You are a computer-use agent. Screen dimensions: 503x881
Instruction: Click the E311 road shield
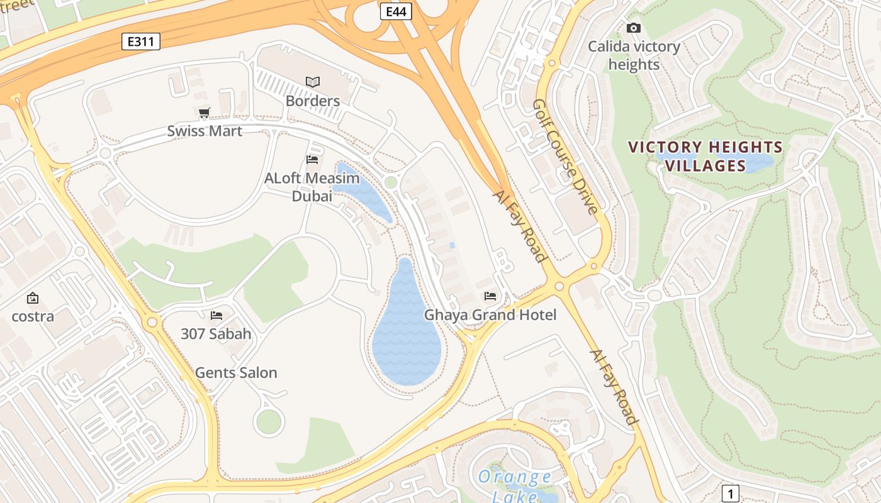pyautogui.click(x=141, y=41)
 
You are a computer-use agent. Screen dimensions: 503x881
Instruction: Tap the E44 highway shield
pyautogui.click(x=396, y=11)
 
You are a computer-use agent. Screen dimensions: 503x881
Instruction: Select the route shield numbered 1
pyautogui.click(x=729, y=493)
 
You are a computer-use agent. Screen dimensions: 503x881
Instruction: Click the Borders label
pyautogui.click(x=313, y=101)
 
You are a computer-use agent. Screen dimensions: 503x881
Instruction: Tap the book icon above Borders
pyautogui.click(x=313, y=82)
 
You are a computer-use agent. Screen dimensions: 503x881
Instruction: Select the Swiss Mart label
pyautogui.click(x=205, y=131)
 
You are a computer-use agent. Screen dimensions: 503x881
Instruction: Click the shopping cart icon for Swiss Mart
pyautogui.click(x=204, y=113)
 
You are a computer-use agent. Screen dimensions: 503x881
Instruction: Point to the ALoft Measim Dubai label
pyautogui.click(x=312, y=187)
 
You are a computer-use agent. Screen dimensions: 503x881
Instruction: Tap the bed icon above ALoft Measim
pyautogui.click(x=312, y=160)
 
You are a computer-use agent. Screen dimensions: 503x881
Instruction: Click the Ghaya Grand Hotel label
pyautogui.click(x=490, y=314)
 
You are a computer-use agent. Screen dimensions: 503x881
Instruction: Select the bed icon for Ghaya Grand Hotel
pyautogui.click(x=490, y=296)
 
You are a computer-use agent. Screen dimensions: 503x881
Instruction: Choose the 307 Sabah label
pyautogui.click(x=216, y=334)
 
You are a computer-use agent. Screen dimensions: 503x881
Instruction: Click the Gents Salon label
pyautogui.click(x=236, y=372)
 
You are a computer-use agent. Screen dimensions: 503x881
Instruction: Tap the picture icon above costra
pyautogui.click(x=33, y=298)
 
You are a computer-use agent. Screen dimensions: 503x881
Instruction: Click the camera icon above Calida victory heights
pyautogui.click(x=634, y=28)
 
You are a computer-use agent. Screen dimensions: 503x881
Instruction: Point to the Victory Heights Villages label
pyautogui.click(x=705, y=157)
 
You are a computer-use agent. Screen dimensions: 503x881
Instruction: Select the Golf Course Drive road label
pyautogui.click(x=565, y=157)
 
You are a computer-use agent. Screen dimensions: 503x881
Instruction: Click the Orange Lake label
pyautogui.click(x=515, y=485)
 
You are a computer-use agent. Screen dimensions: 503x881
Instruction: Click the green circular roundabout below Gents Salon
pyautogui.click(x=269, y=422)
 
